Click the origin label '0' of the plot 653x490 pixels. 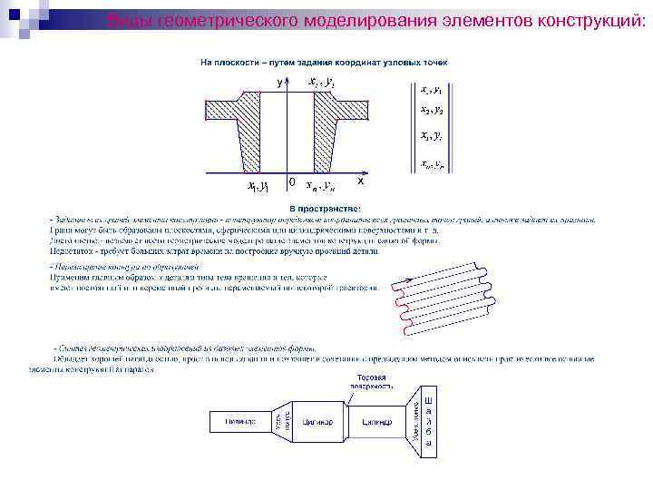[x=290, y=182]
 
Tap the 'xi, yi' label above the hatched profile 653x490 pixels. [x=322, y=83]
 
